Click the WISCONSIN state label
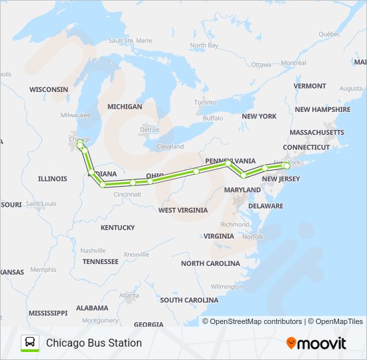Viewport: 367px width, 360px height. pos(48,89)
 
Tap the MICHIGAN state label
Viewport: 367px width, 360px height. pos(125,107)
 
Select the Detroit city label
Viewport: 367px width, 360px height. pos(149,129)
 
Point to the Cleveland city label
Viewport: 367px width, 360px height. pos(170,147)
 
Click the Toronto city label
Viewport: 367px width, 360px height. pos(205,103)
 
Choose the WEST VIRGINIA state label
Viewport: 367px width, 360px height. pos(182,210)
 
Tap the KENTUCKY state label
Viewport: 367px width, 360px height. pos(117,227)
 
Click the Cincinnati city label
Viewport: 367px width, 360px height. pos(127,195)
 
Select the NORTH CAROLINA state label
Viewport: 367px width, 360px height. pos(210,263)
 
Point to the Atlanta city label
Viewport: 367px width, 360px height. pos(129,295)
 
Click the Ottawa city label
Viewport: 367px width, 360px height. pos(261,65)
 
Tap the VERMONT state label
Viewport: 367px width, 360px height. pos(310,86)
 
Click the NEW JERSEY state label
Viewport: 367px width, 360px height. pos(280,179)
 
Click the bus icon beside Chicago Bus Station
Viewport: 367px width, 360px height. pos(30,343)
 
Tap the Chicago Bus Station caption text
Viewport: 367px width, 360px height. pos(93,343)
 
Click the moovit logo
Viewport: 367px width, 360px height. pos(316,343)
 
